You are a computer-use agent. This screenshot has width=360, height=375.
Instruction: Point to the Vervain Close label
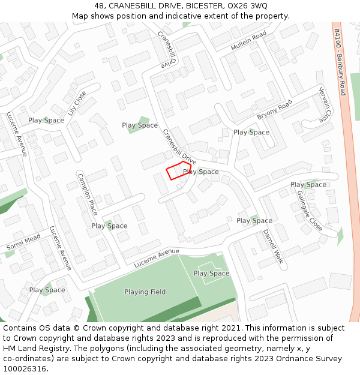click(325, 104)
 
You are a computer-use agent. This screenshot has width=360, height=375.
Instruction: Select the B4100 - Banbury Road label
click(340, 62)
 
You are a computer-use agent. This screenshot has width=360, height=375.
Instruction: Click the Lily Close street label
click(77, 103)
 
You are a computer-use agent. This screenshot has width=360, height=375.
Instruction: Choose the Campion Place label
click(87, 194)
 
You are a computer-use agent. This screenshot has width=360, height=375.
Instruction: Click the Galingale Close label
click(310, 211)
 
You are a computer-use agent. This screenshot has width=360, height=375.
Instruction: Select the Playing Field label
click(145, 292)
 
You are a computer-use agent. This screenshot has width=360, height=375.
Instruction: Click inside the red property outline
click(178, 170)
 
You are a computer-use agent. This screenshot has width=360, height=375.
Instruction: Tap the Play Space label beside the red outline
click(202, 172)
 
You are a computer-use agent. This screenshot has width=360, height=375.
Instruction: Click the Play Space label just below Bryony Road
click(251, 132)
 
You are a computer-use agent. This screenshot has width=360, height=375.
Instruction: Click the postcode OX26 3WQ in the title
click(247, 5)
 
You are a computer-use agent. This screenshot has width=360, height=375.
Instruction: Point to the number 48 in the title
click(99, 5)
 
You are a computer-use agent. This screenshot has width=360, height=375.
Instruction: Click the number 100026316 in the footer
click(24, 368)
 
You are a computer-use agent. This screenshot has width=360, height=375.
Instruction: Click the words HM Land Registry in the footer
click(32, 349)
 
